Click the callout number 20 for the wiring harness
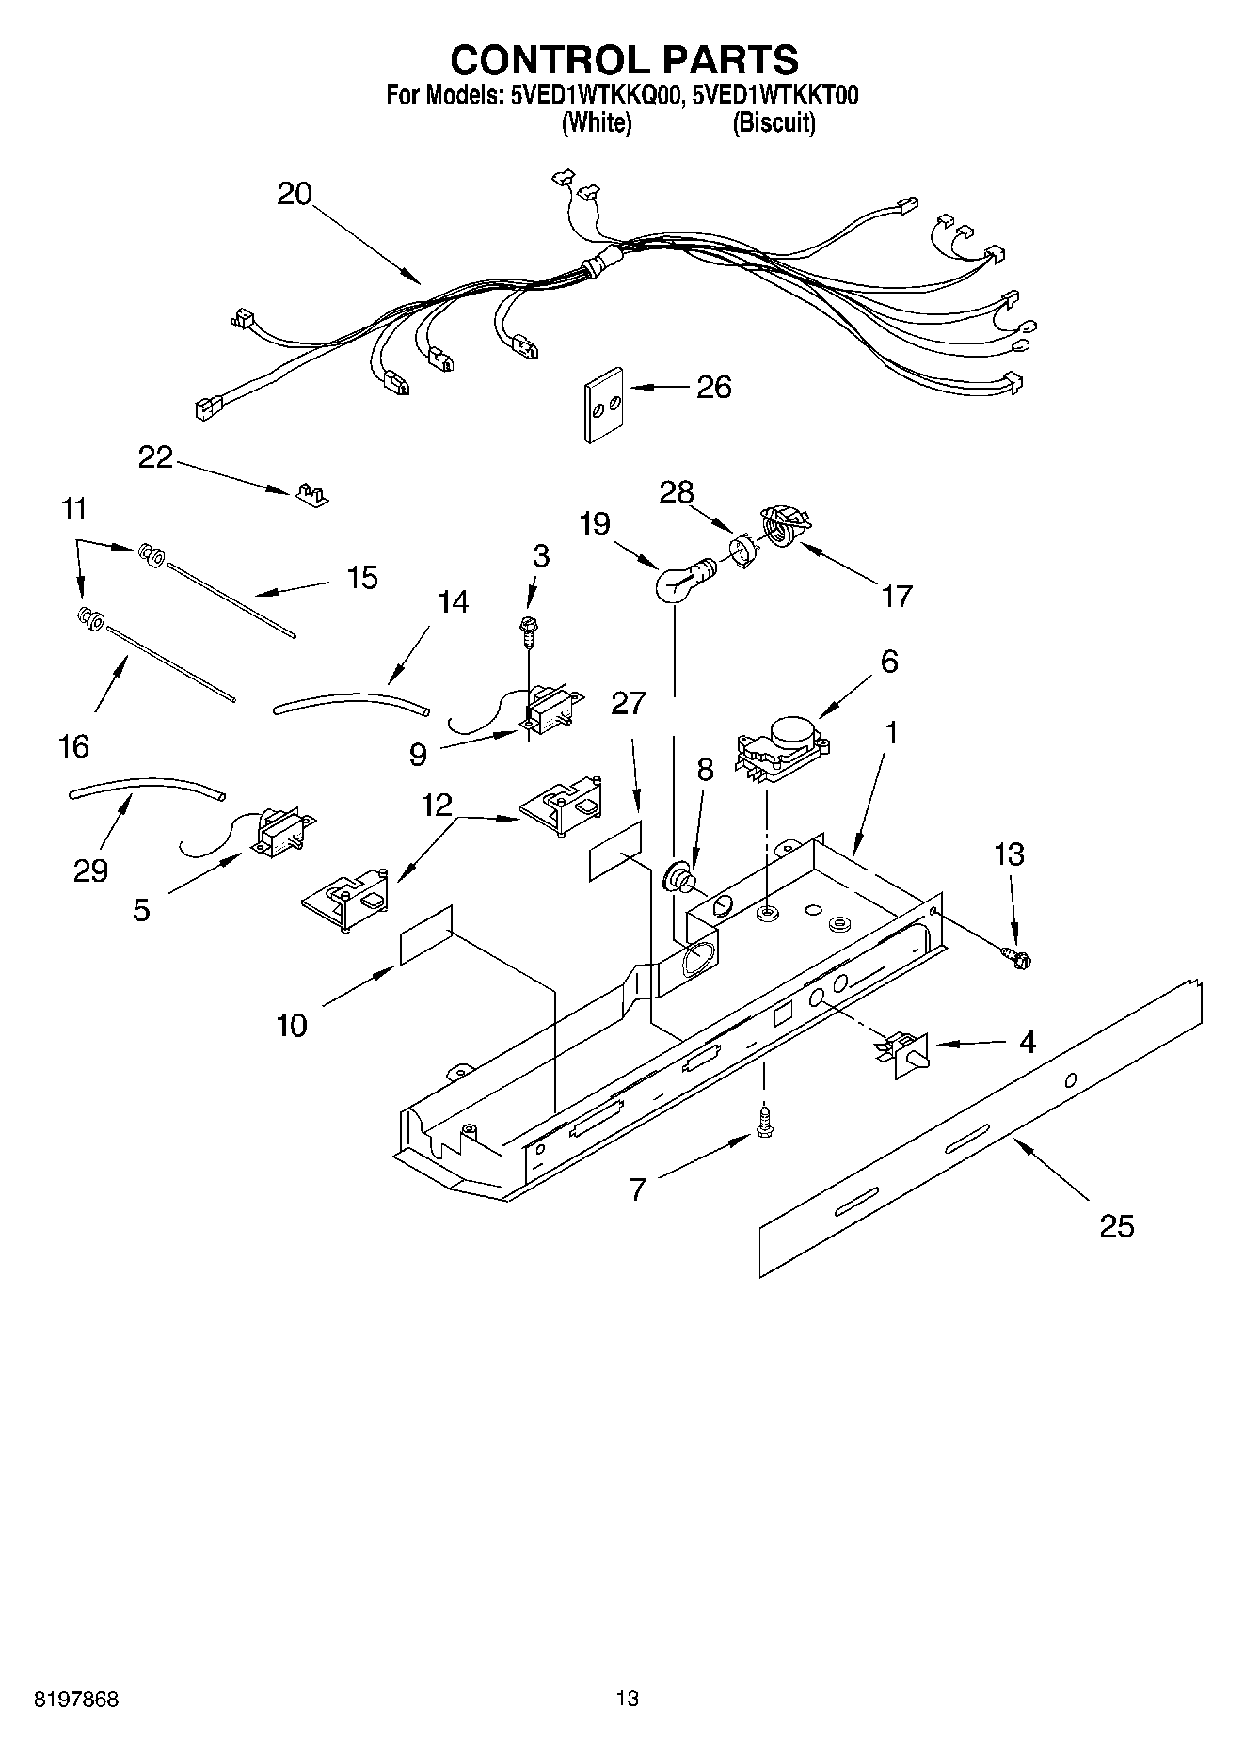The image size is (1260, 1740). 294,194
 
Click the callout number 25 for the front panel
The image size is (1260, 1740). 1117,1225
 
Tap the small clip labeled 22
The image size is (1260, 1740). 310,494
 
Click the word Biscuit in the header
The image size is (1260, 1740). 774,122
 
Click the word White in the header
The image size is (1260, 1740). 596,122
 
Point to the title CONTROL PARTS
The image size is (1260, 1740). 624,59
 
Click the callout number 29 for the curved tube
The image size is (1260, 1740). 90,870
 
